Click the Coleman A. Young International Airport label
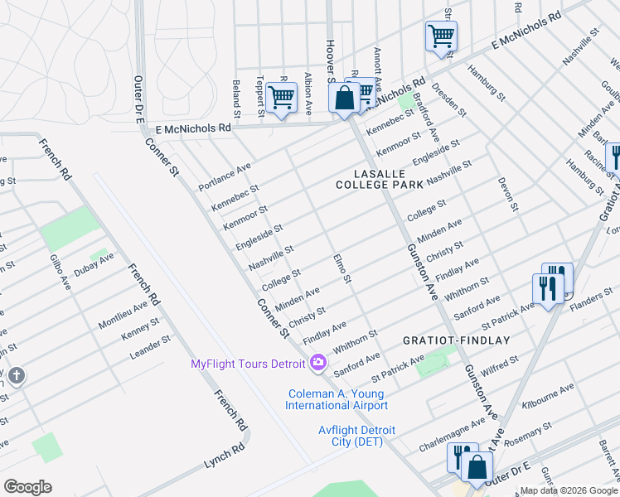click(x=336, y=399)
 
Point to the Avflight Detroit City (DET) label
click(x=357, y=436)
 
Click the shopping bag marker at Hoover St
click(x=344, y=99)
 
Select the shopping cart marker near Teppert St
click(x=281, y=98)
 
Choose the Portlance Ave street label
click(x=224, y=177)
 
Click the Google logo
click(x=27, y=487)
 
